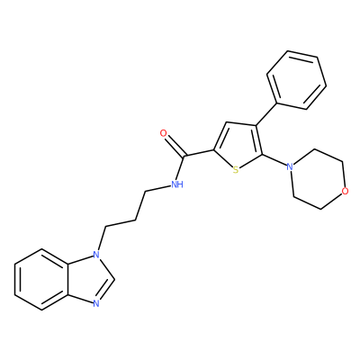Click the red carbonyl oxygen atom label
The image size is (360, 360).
point(163,133)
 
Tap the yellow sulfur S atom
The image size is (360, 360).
point(236,170)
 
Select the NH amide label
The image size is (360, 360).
point(177,184)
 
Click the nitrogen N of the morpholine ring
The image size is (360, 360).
point(289,166)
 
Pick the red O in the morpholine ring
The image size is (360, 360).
point(346,191)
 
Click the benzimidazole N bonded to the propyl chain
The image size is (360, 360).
point(96,255)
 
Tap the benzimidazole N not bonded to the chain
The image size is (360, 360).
point(96,303)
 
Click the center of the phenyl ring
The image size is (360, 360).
point(297,80)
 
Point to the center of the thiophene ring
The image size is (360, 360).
point(238,147)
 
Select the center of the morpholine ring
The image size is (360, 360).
point(318,179)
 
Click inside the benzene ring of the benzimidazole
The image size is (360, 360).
point(41,279)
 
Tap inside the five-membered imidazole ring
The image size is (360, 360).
point(88,279)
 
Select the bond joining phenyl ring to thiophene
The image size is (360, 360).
point(265,114)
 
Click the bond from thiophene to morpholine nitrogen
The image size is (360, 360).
point(274,160)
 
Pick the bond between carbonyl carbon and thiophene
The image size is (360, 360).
point(199,153)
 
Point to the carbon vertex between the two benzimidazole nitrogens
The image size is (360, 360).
point(114,279)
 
